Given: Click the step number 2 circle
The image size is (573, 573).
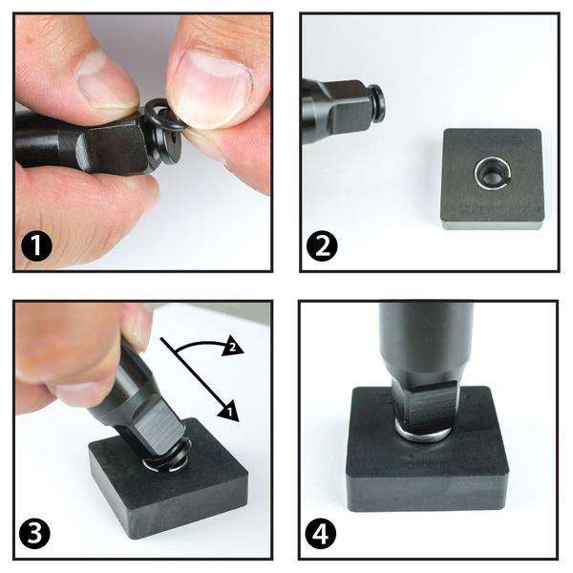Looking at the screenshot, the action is [322, 245].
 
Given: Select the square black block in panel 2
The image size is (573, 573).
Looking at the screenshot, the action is [492, 179].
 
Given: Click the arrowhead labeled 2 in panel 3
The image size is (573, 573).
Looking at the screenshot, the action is [232, 348].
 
